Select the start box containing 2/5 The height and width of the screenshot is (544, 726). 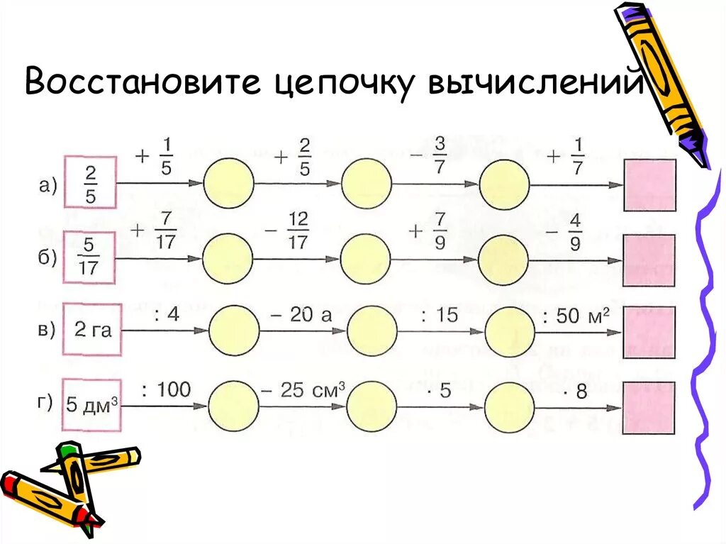(x=90, y=182)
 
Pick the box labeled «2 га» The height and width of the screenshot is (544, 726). (x=92, y=330)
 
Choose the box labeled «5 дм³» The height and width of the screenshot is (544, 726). (x=91, y=406)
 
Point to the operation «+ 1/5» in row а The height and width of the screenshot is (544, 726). (x=154, y=157)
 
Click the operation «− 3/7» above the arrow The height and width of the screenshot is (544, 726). (x=430, y=157)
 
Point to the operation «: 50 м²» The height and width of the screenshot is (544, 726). (x=575, y=315)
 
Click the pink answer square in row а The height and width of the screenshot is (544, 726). (x=649, y=184)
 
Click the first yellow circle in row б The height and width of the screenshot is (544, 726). (x=228, y=260)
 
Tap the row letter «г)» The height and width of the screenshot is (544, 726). (x=45, y=403)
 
